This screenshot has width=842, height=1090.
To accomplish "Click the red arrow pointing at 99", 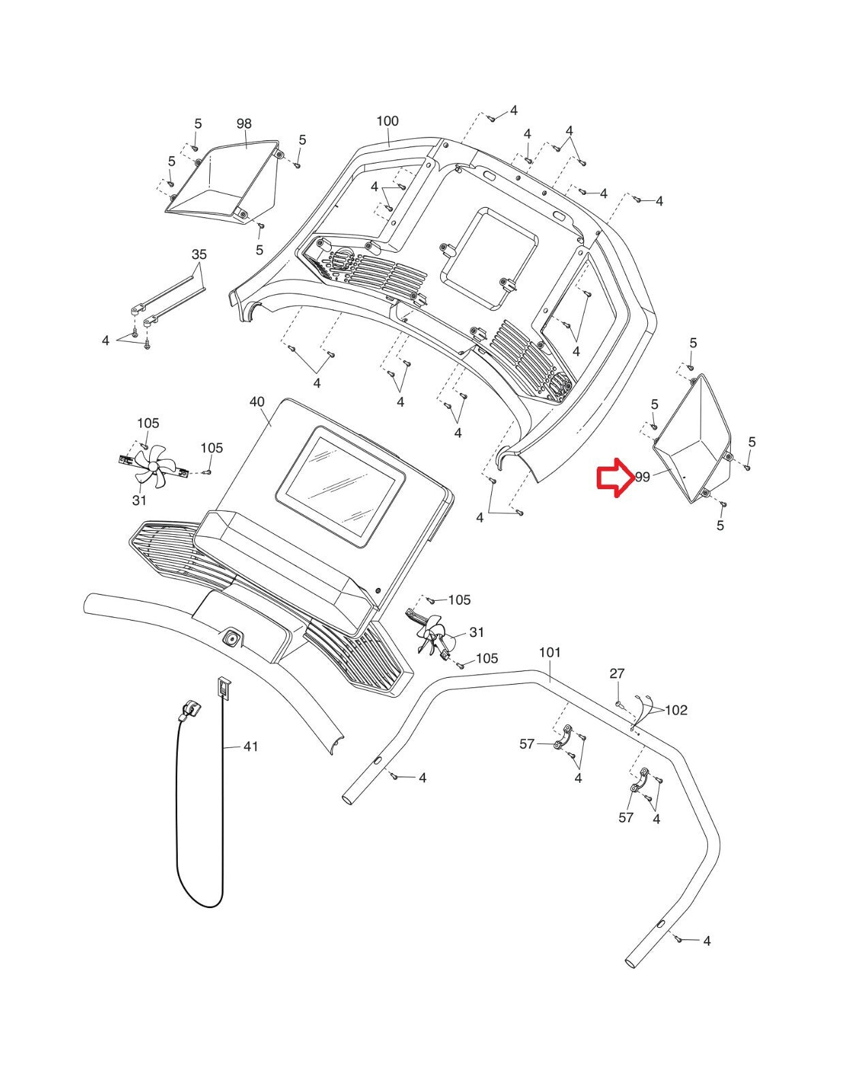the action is point(615,477).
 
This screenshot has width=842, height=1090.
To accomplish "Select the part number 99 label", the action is point(642,477).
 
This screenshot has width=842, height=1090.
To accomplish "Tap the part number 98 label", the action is point(245,123).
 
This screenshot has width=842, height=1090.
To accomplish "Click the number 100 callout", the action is point(388,121).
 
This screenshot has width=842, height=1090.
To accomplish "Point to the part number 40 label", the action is point(257,402).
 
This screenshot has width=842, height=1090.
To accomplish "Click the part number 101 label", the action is point(550,653).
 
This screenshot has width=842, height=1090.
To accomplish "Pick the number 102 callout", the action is point(676,711).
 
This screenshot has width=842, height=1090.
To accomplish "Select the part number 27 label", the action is point(617,673).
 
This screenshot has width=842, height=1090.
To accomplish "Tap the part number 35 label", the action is point(199,254).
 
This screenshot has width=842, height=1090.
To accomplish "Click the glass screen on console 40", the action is point(341,486).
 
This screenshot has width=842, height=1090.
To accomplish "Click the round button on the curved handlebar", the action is point(231,638).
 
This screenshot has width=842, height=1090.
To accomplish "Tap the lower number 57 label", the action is point(626,817).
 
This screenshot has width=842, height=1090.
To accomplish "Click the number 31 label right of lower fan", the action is point(476,632).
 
